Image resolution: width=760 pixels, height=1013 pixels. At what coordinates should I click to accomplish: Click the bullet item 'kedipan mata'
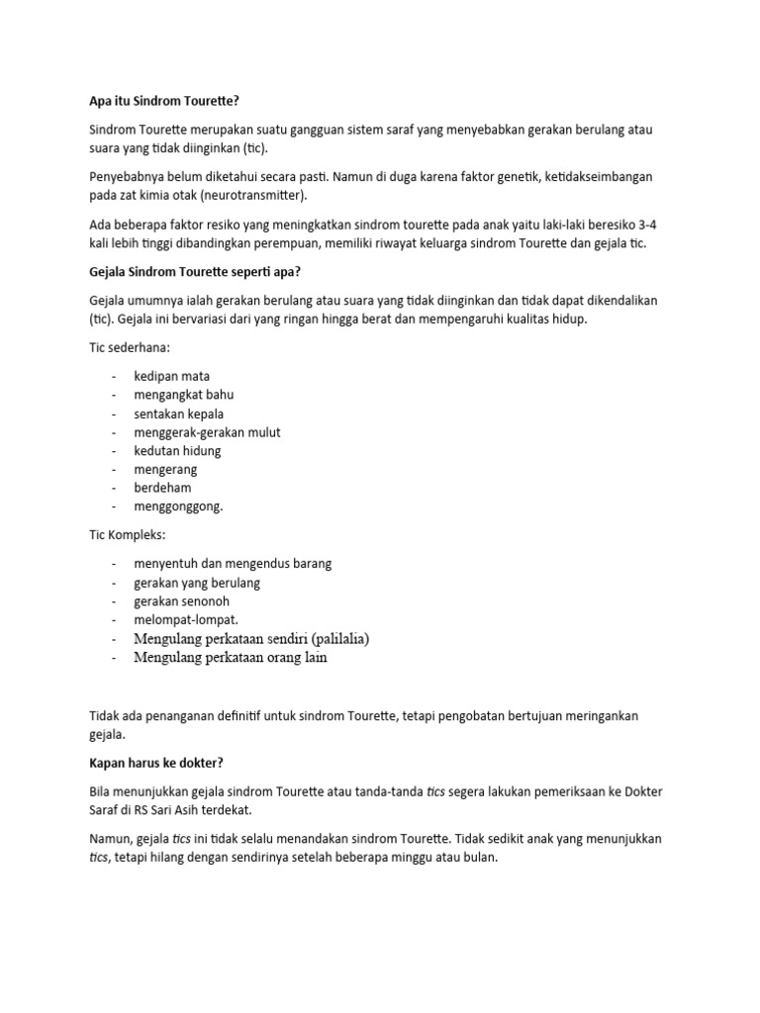pyautogui.click(x=171, y=376)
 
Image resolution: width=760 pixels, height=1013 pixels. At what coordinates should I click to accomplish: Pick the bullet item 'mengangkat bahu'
pyautogui.click(x=184, y=395)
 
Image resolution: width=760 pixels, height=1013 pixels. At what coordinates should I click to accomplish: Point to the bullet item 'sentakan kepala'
pyautogui.click(x=179, y=414)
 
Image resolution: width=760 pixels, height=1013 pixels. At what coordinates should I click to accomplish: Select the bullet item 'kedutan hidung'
pyautogui.click(x=177, y=451)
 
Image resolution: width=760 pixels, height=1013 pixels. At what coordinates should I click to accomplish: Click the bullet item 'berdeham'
pyautogui.click(x=162, y=488)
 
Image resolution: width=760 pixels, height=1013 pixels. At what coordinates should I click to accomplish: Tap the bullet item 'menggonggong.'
pyautogui.click(x=179, y=506)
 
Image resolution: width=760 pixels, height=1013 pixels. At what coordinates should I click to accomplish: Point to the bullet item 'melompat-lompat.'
pyautogui.click(x=186, y=620)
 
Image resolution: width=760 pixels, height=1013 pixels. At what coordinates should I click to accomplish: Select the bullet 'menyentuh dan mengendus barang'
pyautogui.click(x=233, y=564)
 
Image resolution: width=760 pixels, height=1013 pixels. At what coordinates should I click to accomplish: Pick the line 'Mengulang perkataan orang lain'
pyautogui.click(x=230, y=657)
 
